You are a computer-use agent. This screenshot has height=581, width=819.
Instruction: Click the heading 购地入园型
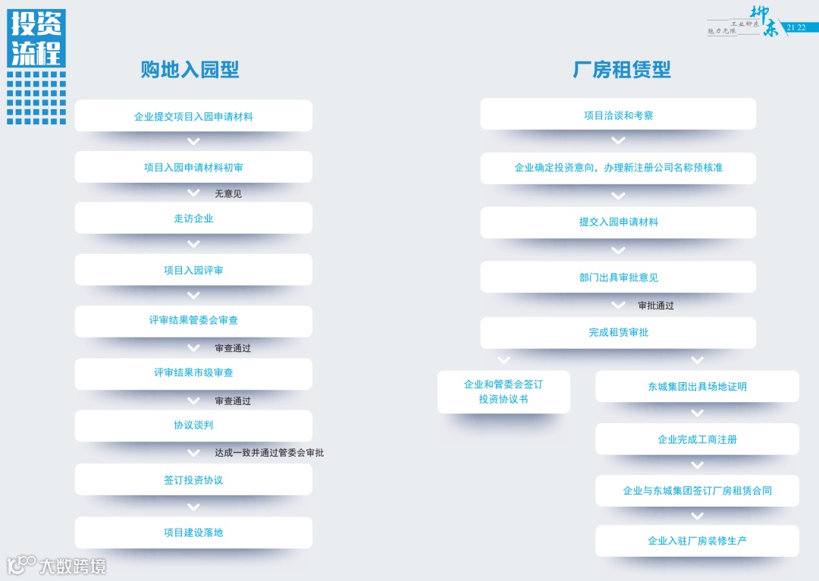coord(190,70)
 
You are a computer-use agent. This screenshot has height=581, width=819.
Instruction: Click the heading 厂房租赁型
coord(621,70)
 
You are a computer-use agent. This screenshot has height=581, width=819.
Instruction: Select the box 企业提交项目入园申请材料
coord(193,116)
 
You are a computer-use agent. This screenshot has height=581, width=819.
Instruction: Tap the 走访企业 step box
coord(193,218)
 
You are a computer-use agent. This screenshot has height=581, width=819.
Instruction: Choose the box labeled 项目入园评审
coord(193,270)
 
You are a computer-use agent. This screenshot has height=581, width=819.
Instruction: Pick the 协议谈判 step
coord(193,426)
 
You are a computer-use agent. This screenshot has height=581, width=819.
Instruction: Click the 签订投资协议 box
coord(193,480)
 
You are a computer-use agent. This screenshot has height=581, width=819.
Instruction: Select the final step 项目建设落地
coord(193,532)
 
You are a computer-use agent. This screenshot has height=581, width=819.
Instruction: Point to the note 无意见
coord(228,194)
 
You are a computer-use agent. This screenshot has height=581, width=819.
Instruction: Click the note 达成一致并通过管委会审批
coord(269,453)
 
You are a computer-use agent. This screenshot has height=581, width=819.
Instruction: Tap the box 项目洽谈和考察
coord(618,115)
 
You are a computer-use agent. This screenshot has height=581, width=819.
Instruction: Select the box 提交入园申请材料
coord(618,222)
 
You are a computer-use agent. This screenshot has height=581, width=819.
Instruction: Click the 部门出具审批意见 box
coord(618,278)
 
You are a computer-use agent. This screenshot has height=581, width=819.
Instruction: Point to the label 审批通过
coord(656,306)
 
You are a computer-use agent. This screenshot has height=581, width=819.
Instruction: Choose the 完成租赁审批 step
coord(618,332)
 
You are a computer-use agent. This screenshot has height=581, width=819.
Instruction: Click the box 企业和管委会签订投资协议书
coord(504,391)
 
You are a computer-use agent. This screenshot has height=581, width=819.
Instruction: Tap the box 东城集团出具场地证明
coord(697,387)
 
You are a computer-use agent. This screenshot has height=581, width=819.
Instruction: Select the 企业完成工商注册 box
coord(697,439)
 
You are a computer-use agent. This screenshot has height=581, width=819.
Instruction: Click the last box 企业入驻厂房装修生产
coord(697,541)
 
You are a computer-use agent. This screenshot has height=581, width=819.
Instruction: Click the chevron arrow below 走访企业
coord(193,243)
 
